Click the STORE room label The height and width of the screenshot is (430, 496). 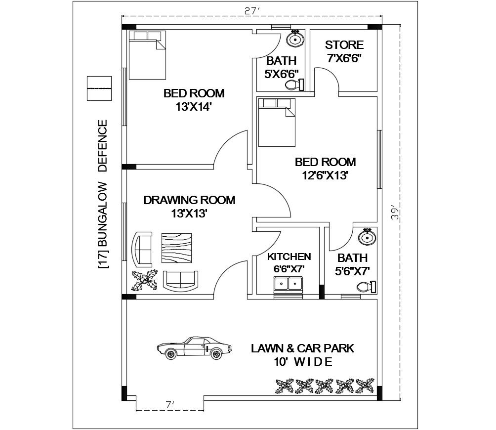pos(344,45)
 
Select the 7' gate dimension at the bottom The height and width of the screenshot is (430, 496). pos(169,405)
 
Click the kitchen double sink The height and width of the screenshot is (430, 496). pos(288,285)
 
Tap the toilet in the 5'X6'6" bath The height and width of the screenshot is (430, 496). pos(294,86)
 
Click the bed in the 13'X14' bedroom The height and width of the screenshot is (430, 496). pos(147,54)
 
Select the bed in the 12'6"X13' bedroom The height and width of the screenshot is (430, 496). pos(276,122)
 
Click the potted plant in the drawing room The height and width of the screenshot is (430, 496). pos(144,280)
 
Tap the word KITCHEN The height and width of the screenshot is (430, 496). pos(289,257)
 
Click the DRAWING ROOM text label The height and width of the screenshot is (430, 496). pos(189,200)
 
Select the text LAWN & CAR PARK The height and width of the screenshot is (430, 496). pos(302,348)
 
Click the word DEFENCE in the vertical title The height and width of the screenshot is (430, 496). pos(102,146)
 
